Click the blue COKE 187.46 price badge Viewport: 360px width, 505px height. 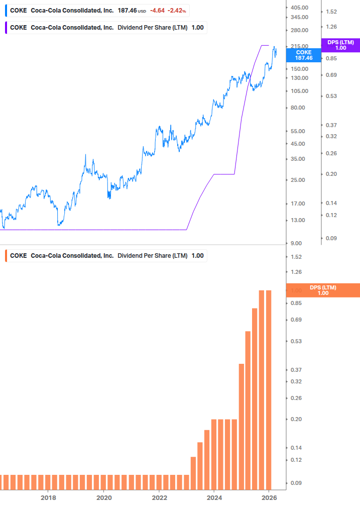tap(303, 55)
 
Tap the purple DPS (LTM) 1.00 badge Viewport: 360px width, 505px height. tap(340, 45)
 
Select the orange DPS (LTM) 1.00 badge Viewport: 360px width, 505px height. tap(322, 290)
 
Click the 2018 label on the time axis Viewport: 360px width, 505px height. tap(48, 497)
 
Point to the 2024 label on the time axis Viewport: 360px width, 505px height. tap(214, 497)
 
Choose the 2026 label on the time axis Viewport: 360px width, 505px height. tap(270, 497)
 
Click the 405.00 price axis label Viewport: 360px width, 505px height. tap(299, 8)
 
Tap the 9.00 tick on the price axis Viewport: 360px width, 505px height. tap(297, 243)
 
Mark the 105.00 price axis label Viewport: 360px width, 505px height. tap(299, 91)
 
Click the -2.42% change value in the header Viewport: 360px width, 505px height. tap(177, 10)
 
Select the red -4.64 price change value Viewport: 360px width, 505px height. tap(158, 10)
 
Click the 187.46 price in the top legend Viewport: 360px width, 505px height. tap(127, 10)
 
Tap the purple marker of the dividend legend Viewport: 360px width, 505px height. tap(6, 28)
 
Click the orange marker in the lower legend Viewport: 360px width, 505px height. tap(6, 256)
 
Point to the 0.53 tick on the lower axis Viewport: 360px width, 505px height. tap(296, 341)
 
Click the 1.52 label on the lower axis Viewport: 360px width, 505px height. tap(296, 257)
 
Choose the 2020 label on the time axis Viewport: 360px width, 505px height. tap(103, 497)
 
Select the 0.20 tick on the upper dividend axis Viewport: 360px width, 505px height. tap(331, 174)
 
